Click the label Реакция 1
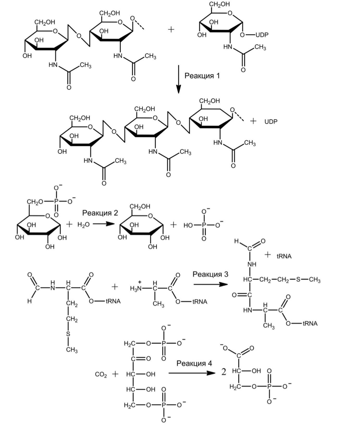(x=202, y=76)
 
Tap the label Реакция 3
(x=210, y=274)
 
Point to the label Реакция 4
(x=194, y=363)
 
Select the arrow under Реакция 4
(x=192, y=373)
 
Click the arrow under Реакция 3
(x=210, y=284)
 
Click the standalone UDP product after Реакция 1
(x=271, y=121)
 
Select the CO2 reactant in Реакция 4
(x=101, y=374)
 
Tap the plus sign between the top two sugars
(x=171, y=30)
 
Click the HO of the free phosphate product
(x=189, y=225)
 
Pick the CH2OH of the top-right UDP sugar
(x=219, y=4)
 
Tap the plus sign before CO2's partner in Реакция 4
(x=115, y=374)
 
